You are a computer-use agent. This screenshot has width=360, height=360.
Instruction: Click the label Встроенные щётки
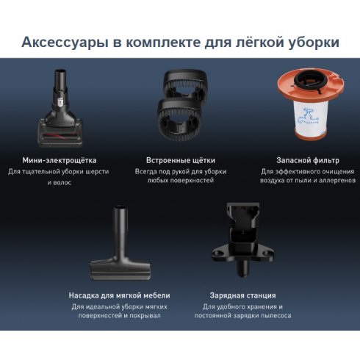pyautogui.click(x=180, y=159)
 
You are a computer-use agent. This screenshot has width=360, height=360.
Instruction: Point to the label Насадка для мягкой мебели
pyautogui.click(x=119, y=295)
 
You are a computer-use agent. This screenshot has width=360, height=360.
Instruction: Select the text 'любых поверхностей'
pyautogui.click(x=180, y=181)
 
